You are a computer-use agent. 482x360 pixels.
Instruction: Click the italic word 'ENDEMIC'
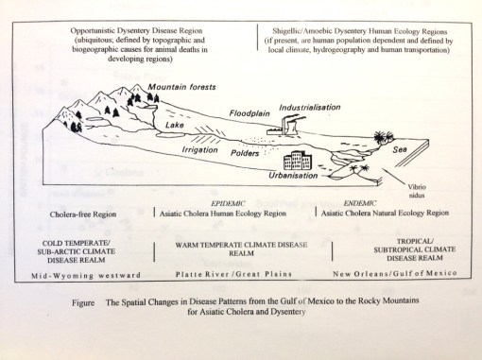[388, 203]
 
